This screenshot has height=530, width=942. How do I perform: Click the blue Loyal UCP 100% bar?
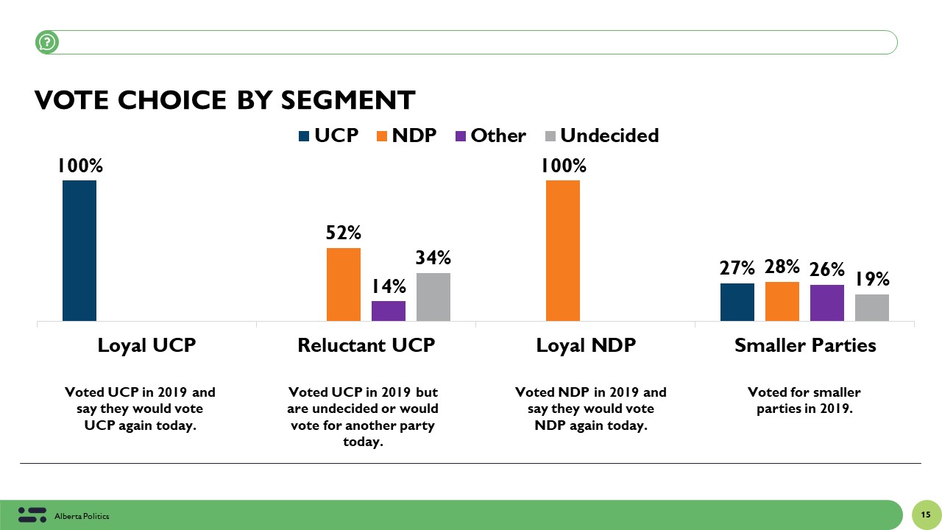79,250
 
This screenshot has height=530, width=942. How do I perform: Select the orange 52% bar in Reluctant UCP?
344,284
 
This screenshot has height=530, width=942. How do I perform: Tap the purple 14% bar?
389,311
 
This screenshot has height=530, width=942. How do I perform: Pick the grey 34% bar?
433,297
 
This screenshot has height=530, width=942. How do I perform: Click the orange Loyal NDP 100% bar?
563,250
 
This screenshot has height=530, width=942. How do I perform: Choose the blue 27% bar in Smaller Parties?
737,302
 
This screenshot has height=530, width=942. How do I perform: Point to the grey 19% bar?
872,307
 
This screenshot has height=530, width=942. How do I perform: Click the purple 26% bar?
827,303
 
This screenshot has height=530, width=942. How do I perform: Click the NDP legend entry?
406,135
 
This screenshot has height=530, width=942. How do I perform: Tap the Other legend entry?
490,135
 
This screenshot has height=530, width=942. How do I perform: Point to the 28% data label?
782,267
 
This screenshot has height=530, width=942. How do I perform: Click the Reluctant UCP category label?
366,345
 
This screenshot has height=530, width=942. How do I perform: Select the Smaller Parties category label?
805,345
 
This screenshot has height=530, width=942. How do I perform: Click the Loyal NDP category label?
586,345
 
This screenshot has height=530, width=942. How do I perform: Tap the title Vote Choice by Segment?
225,100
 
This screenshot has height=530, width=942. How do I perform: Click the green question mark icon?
47,43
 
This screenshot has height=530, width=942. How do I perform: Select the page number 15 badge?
925,514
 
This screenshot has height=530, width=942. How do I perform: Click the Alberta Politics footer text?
82,517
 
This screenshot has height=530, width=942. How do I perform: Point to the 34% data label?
433,258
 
